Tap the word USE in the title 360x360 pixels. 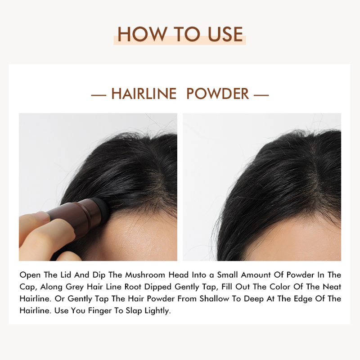coord(225,34)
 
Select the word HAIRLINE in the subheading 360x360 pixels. coord(144,94)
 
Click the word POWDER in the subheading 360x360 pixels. coord(217,94)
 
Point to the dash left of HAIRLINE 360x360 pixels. coord(99,95)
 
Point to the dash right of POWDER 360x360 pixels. coord(261,95)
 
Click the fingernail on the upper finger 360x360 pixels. coord(43,216)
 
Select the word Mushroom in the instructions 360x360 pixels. coord(145,275)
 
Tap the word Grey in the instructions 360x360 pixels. coord(75,287)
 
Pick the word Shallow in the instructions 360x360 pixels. coord(214,299)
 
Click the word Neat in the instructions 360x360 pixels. coord(332,287)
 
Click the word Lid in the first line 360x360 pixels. coord(66,275)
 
